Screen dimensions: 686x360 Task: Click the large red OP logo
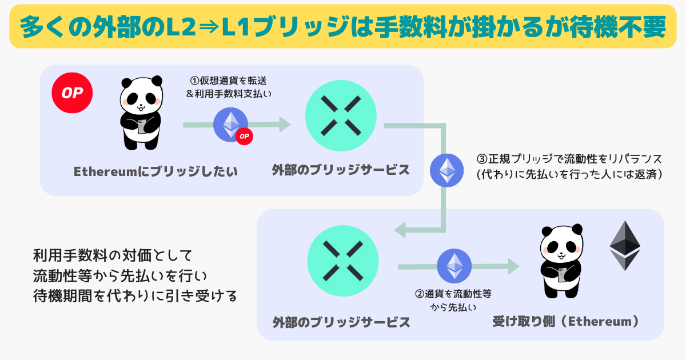coord(72,93)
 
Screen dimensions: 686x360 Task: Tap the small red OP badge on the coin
coord(244,136)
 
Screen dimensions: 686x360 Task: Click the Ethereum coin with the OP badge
coord(230,125)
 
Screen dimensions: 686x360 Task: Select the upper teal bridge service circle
coord(341,115)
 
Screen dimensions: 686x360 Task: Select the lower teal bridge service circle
coord(343,261)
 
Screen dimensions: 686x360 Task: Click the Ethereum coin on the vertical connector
coord(447,170)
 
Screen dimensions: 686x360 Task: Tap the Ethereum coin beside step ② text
coord(454,266)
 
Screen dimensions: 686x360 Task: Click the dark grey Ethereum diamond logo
coord(625,246)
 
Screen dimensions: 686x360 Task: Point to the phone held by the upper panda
coord(142,126)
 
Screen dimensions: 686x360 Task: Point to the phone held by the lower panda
coord(563,275)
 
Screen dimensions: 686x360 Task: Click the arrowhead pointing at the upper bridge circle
coord(285,125)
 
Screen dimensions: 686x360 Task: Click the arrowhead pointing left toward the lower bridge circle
coord(400,230)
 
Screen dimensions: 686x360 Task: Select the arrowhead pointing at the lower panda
coord(514,266)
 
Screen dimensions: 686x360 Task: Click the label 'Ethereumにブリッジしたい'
coord(155,171)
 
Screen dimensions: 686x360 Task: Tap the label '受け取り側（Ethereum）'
coord(566,321)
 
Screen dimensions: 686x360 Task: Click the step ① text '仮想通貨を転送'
coord(233,81)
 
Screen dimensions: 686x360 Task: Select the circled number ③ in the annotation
coord(482,159)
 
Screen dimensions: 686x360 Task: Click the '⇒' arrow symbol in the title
coord(209,27)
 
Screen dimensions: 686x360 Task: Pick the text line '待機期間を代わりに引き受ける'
coord(135,296)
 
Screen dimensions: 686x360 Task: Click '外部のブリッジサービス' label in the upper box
coord(341,170)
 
